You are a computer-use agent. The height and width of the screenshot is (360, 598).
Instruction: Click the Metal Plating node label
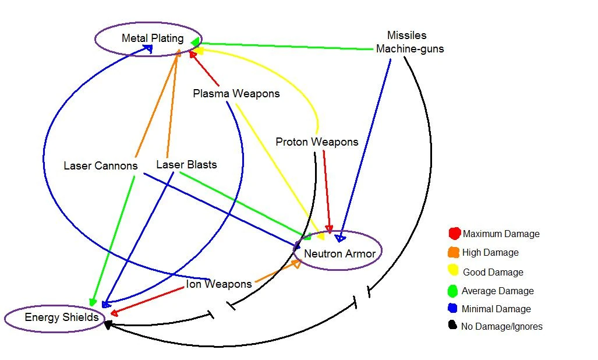click(152, 38)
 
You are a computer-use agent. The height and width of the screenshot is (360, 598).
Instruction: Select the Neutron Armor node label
click(339, 253)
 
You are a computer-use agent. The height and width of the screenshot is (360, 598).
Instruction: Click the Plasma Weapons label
click(236, 93)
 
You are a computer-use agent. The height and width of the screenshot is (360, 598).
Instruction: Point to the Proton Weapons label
click(317, 142)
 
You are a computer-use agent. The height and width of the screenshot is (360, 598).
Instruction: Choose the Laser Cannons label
click(100, 166)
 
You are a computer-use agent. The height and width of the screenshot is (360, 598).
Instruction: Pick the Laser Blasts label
click(186, 165)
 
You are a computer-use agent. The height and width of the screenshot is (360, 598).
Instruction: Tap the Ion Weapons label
click(218, 284)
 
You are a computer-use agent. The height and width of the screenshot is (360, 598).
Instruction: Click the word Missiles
click(406, 36)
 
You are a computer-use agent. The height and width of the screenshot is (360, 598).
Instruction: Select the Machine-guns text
click(409, 49)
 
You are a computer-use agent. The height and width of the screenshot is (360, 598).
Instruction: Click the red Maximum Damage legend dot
click(455, 234)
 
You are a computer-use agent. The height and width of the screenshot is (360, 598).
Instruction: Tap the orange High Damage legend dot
click(454, 252)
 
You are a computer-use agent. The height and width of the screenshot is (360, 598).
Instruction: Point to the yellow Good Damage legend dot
click(454, 271)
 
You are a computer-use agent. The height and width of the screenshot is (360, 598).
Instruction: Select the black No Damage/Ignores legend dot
click(453, 326)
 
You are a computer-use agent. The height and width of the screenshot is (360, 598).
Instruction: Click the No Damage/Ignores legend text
click(501, 327)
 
